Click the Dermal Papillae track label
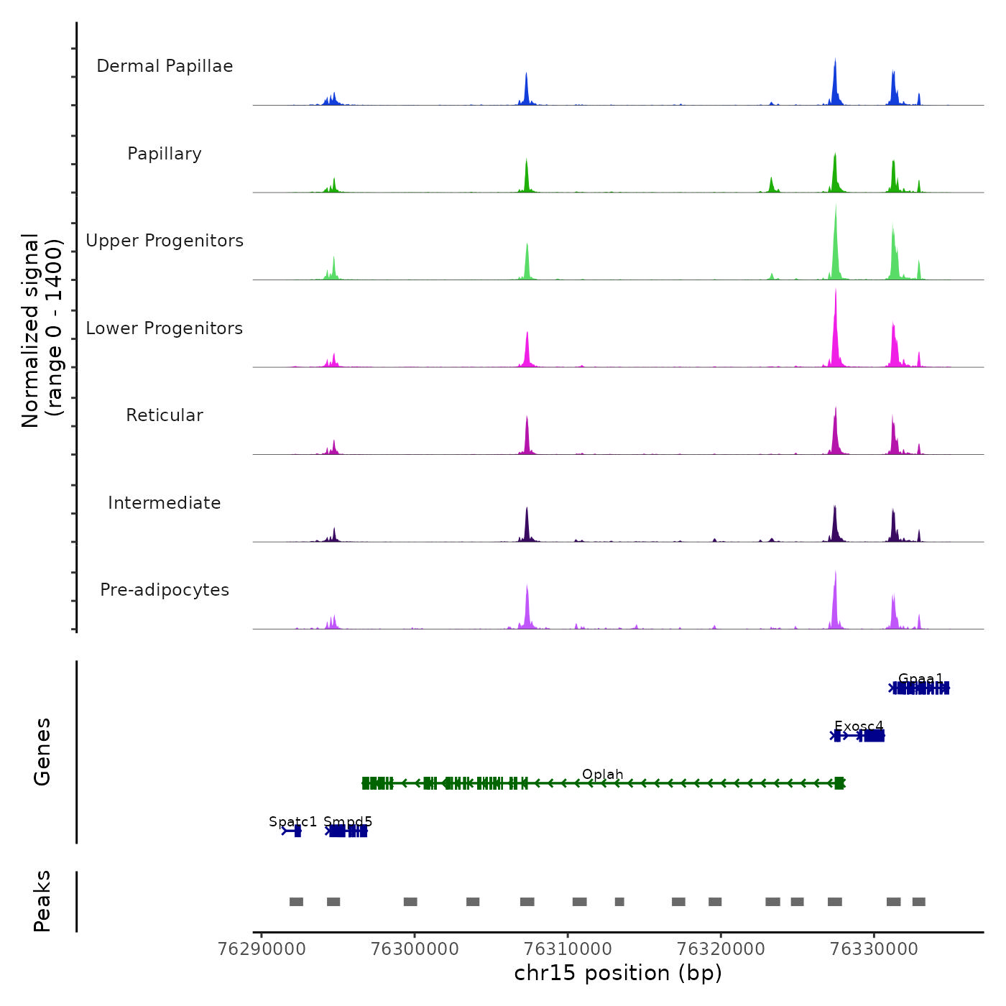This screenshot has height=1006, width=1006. coord(165,66)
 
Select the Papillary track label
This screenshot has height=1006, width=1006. coord(165,154)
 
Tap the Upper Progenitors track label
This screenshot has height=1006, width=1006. coord(165,241)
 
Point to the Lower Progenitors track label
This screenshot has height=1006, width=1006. coord(165,328)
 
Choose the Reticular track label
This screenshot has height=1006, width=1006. coord(165,415)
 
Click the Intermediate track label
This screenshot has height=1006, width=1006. coord(165,503)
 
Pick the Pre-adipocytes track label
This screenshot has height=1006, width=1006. coord(165,590)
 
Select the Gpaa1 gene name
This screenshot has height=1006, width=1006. coord(920,678)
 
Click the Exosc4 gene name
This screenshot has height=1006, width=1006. coord(859,726)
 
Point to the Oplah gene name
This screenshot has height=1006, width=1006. coord(602,774)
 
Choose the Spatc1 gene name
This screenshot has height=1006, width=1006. coord(292,821)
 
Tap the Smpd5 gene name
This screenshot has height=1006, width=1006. coord(348,821)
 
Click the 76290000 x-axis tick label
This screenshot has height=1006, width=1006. coord(262,949)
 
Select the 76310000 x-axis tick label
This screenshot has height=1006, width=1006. coord(568,949)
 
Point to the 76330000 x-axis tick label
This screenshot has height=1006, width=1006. coord(874,949)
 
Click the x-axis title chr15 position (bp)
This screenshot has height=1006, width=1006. coord(618,973)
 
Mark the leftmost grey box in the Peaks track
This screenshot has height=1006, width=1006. coord(296,902)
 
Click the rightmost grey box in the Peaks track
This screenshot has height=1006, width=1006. coord(918,902)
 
